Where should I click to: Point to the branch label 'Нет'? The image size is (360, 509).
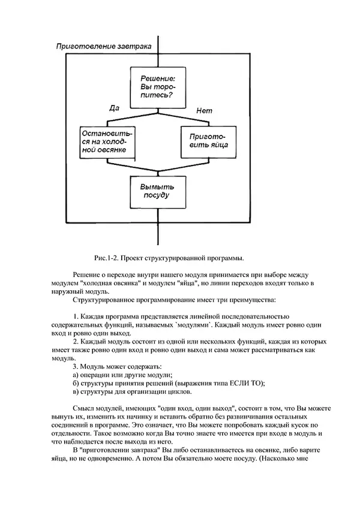tap(205, 110)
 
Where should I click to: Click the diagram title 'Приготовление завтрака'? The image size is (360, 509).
tap(103, 46)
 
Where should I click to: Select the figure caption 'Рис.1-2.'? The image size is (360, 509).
tap(109, 258)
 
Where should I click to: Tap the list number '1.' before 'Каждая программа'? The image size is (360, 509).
tap(76, 316)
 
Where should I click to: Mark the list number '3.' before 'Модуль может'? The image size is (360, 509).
tap(76, 366)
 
